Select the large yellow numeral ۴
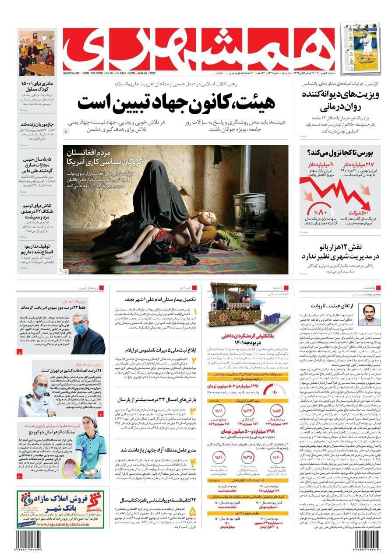194,464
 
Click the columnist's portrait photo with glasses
369,315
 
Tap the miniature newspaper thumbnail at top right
360,47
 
